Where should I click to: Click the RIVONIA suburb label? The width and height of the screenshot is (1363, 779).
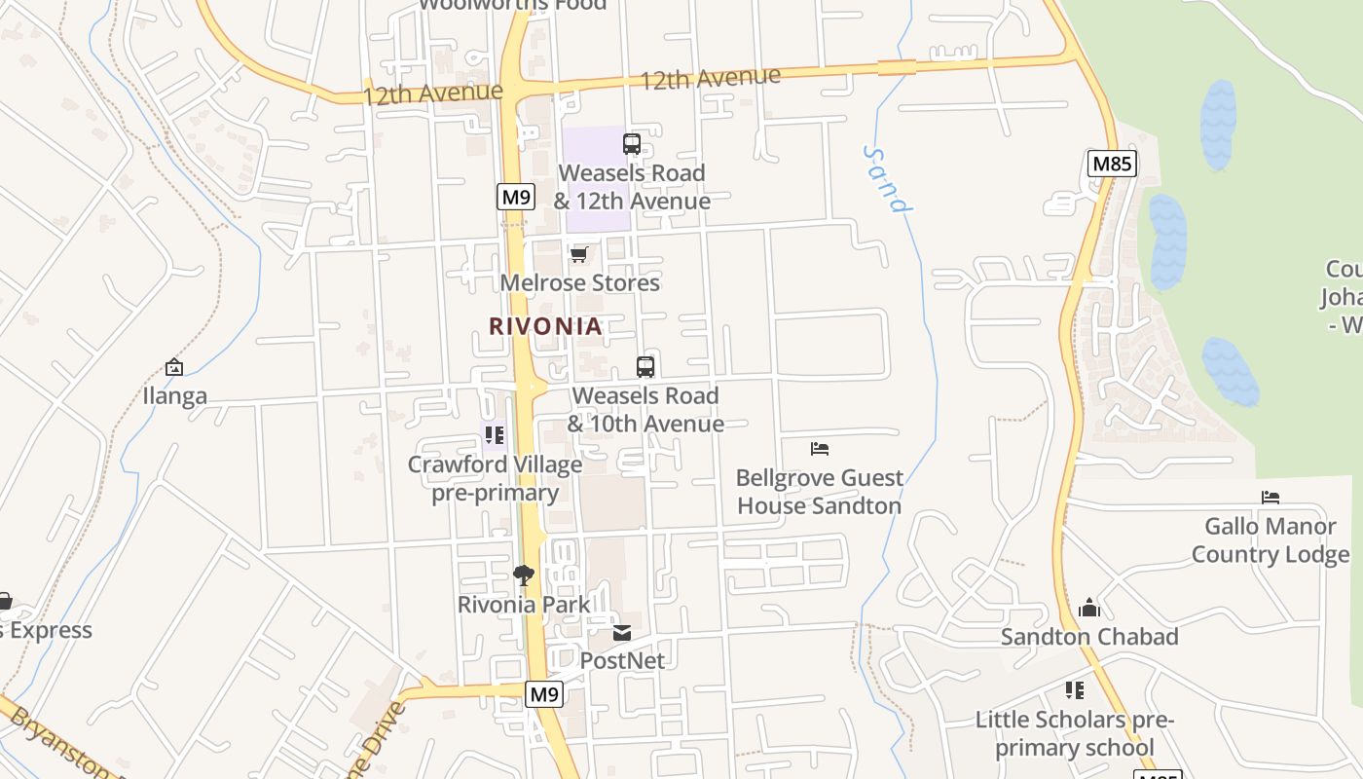click(x=545, y=326)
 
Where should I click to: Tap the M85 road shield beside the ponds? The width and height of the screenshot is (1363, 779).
click(x=1112, y=164)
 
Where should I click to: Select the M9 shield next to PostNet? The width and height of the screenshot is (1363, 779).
click(x=544, y=694)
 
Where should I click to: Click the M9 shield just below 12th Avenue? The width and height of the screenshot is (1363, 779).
click(x=516, y=197)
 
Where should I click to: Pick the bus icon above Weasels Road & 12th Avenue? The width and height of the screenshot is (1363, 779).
click(x=632, y=144)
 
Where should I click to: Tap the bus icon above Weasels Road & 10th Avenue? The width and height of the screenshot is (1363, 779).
click(x=645, y=367)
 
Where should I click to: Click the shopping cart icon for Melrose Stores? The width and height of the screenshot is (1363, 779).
click(x=579, y=255)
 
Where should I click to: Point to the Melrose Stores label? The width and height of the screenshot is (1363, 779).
click(x=580, y=283)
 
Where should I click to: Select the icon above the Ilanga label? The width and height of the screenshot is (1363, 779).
click(x=174, y=367)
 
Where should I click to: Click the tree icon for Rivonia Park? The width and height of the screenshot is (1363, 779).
click(x=524, y=575)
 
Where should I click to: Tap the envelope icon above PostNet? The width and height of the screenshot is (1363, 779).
click(x=622, y=633)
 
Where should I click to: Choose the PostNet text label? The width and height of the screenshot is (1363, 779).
click(x=622, y=660)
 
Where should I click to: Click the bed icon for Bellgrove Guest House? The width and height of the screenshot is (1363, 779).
click(x=820, y=449)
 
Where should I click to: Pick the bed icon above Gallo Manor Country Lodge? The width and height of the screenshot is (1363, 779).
click(x=1271, y=498)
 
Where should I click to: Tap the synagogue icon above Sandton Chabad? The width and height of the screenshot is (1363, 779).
click(x=1089, y=608)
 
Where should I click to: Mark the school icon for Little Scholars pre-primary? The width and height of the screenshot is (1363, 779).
click(x=1075, y=690)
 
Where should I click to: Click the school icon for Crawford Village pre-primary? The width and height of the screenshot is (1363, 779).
click(x=495, y=435)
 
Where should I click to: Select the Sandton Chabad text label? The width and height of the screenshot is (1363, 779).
click(x=1089, y=637)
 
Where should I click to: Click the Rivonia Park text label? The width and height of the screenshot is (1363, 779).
click(x=524, y=605)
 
